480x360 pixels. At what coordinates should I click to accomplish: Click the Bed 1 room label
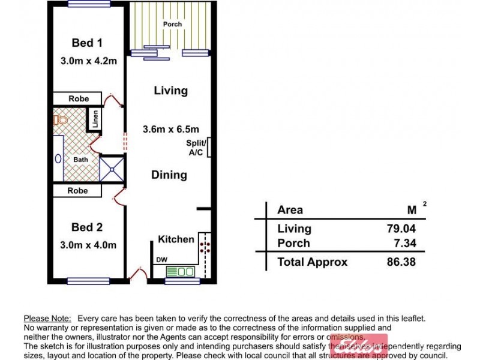[87, 43]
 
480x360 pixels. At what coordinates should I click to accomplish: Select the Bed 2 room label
[87, 227]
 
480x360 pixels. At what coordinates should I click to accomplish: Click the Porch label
[172, 25]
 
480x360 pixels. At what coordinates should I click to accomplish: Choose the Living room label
[170, 91]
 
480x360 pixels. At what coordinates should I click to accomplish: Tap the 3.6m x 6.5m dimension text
[170, 129]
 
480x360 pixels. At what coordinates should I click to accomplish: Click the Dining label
[169, 175]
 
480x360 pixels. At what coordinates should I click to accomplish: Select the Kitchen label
[176, 239]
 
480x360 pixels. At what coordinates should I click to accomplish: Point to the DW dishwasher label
[161, 260]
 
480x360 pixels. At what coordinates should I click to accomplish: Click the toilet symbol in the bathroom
[59, 120]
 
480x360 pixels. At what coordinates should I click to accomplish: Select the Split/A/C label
[196, 147]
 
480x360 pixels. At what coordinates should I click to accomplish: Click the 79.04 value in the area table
[401, 229]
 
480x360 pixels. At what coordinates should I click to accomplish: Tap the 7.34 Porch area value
[404, 244]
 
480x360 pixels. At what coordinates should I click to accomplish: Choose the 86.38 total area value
[401, 262]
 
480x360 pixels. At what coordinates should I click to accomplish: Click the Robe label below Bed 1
[78, 98]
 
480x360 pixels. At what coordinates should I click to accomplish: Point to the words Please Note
[47, 319]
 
